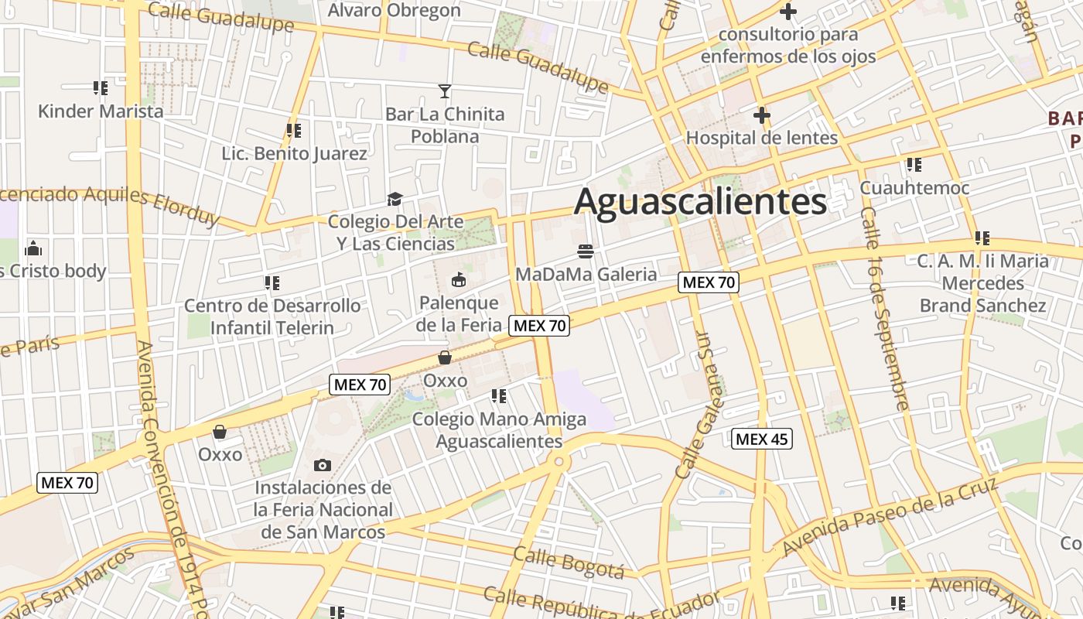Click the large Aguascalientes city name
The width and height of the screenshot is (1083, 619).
700,202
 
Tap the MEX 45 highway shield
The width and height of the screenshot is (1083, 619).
761,439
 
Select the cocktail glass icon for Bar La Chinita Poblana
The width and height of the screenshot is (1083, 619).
445,91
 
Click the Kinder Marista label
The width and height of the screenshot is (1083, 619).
101,111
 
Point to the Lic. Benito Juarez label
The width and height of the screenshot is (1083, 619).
294,153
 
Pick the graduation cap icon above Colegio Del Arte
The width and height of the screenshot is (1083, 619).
395,200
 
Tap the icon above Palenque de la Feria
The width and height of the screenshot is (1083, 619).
459,279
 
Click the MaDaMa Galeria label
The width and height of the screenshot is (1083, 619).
586,274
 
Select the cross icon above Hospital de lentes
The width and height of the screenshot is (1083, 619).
762,115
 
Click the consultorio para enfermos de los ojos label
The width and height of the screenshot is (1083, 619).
787,46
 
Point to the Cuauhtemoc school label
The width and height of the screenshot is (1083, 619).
914,188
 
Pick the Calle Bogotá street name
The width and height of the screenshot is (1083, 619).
568,563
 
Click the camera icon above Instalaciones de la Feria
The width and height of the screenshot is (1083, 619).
323,465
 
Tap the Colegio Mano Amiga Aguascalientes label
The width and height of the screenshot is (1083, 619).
499,430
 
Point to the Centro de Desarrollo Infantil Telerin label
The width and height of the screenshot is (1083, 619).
272,316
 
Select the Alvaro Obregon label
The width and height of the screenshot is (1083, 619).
394,10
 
